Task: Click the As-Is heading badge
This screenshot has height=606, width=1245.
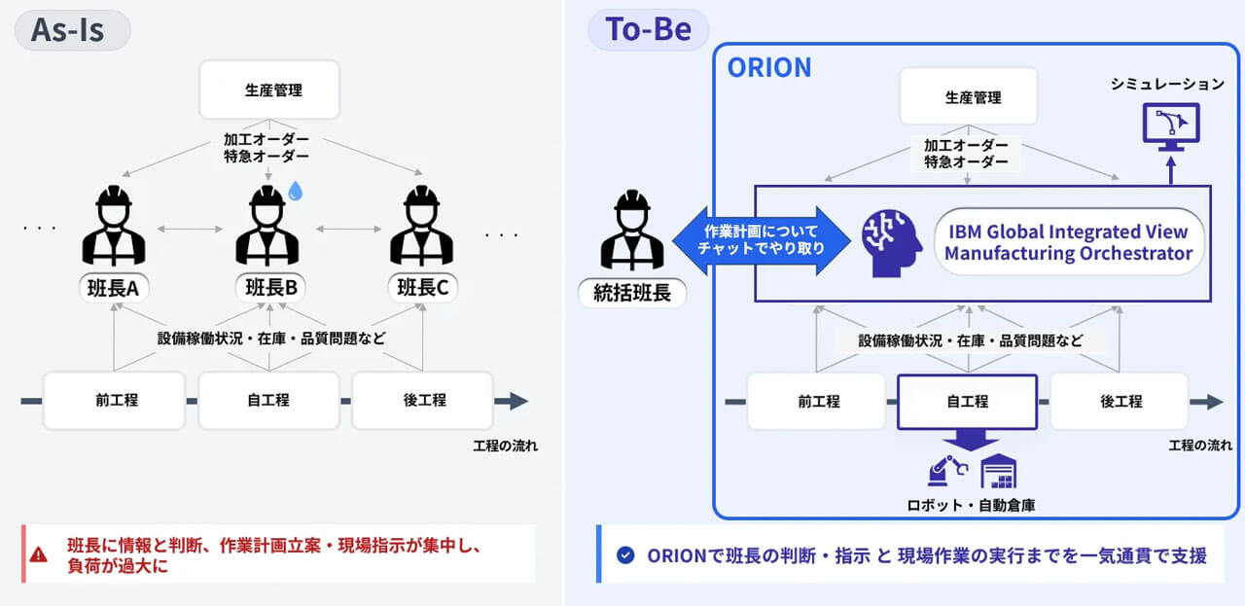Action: pyautogui.click(x=72, y=29)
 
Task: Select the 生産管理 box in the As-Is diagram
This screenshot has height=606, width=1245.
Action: pyautogui.click(x=268, y=90)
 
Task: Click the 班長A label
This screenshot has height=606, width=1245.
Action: pyautogui.click(x=115, y=287)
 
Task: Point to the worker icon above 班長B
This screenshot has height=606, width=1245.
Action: pyautogui.click(x=267, y=226)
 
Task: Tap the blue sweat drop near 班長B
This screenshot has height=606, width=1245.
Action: pyautogui.click(x=296, y=192)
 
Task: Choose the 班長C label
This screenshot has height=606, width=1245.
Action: pyautogui.click(x=422, y=287)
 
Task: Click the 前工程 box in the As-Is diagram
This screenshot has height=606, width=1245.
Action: pyautogui.click(x=114, y=400)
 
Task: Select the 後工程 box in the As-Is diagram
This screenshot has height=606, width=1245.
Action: pyautogui.click(x=424, y=400)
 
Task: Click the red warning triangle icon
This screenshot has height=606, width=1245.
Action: pyautogui.click(x=38, y=554)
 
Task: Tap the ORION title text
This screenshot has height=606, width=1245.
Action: pyautogui.click(x=768, y=67)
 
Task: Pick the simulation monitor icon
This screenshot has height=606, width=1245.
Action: pyautogui.click(x=1170, y=127)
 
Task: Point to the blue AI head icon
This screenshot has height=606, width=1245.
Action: pyautogui.click(x=890, y=242)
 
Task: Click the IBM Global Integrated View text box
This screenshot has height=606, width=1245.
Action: pyautogui.click(x=1067, y=242)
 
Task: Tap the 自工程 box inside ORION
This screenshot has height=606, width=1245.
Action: pyautogui.click(x=968, y=401)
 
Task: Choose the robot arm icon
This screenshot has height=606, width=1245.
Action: pyautogui.click(x=946, y=472)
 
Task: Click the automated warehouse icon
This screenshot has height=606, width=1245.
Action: pyautogui.click(x=998, y=473)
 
